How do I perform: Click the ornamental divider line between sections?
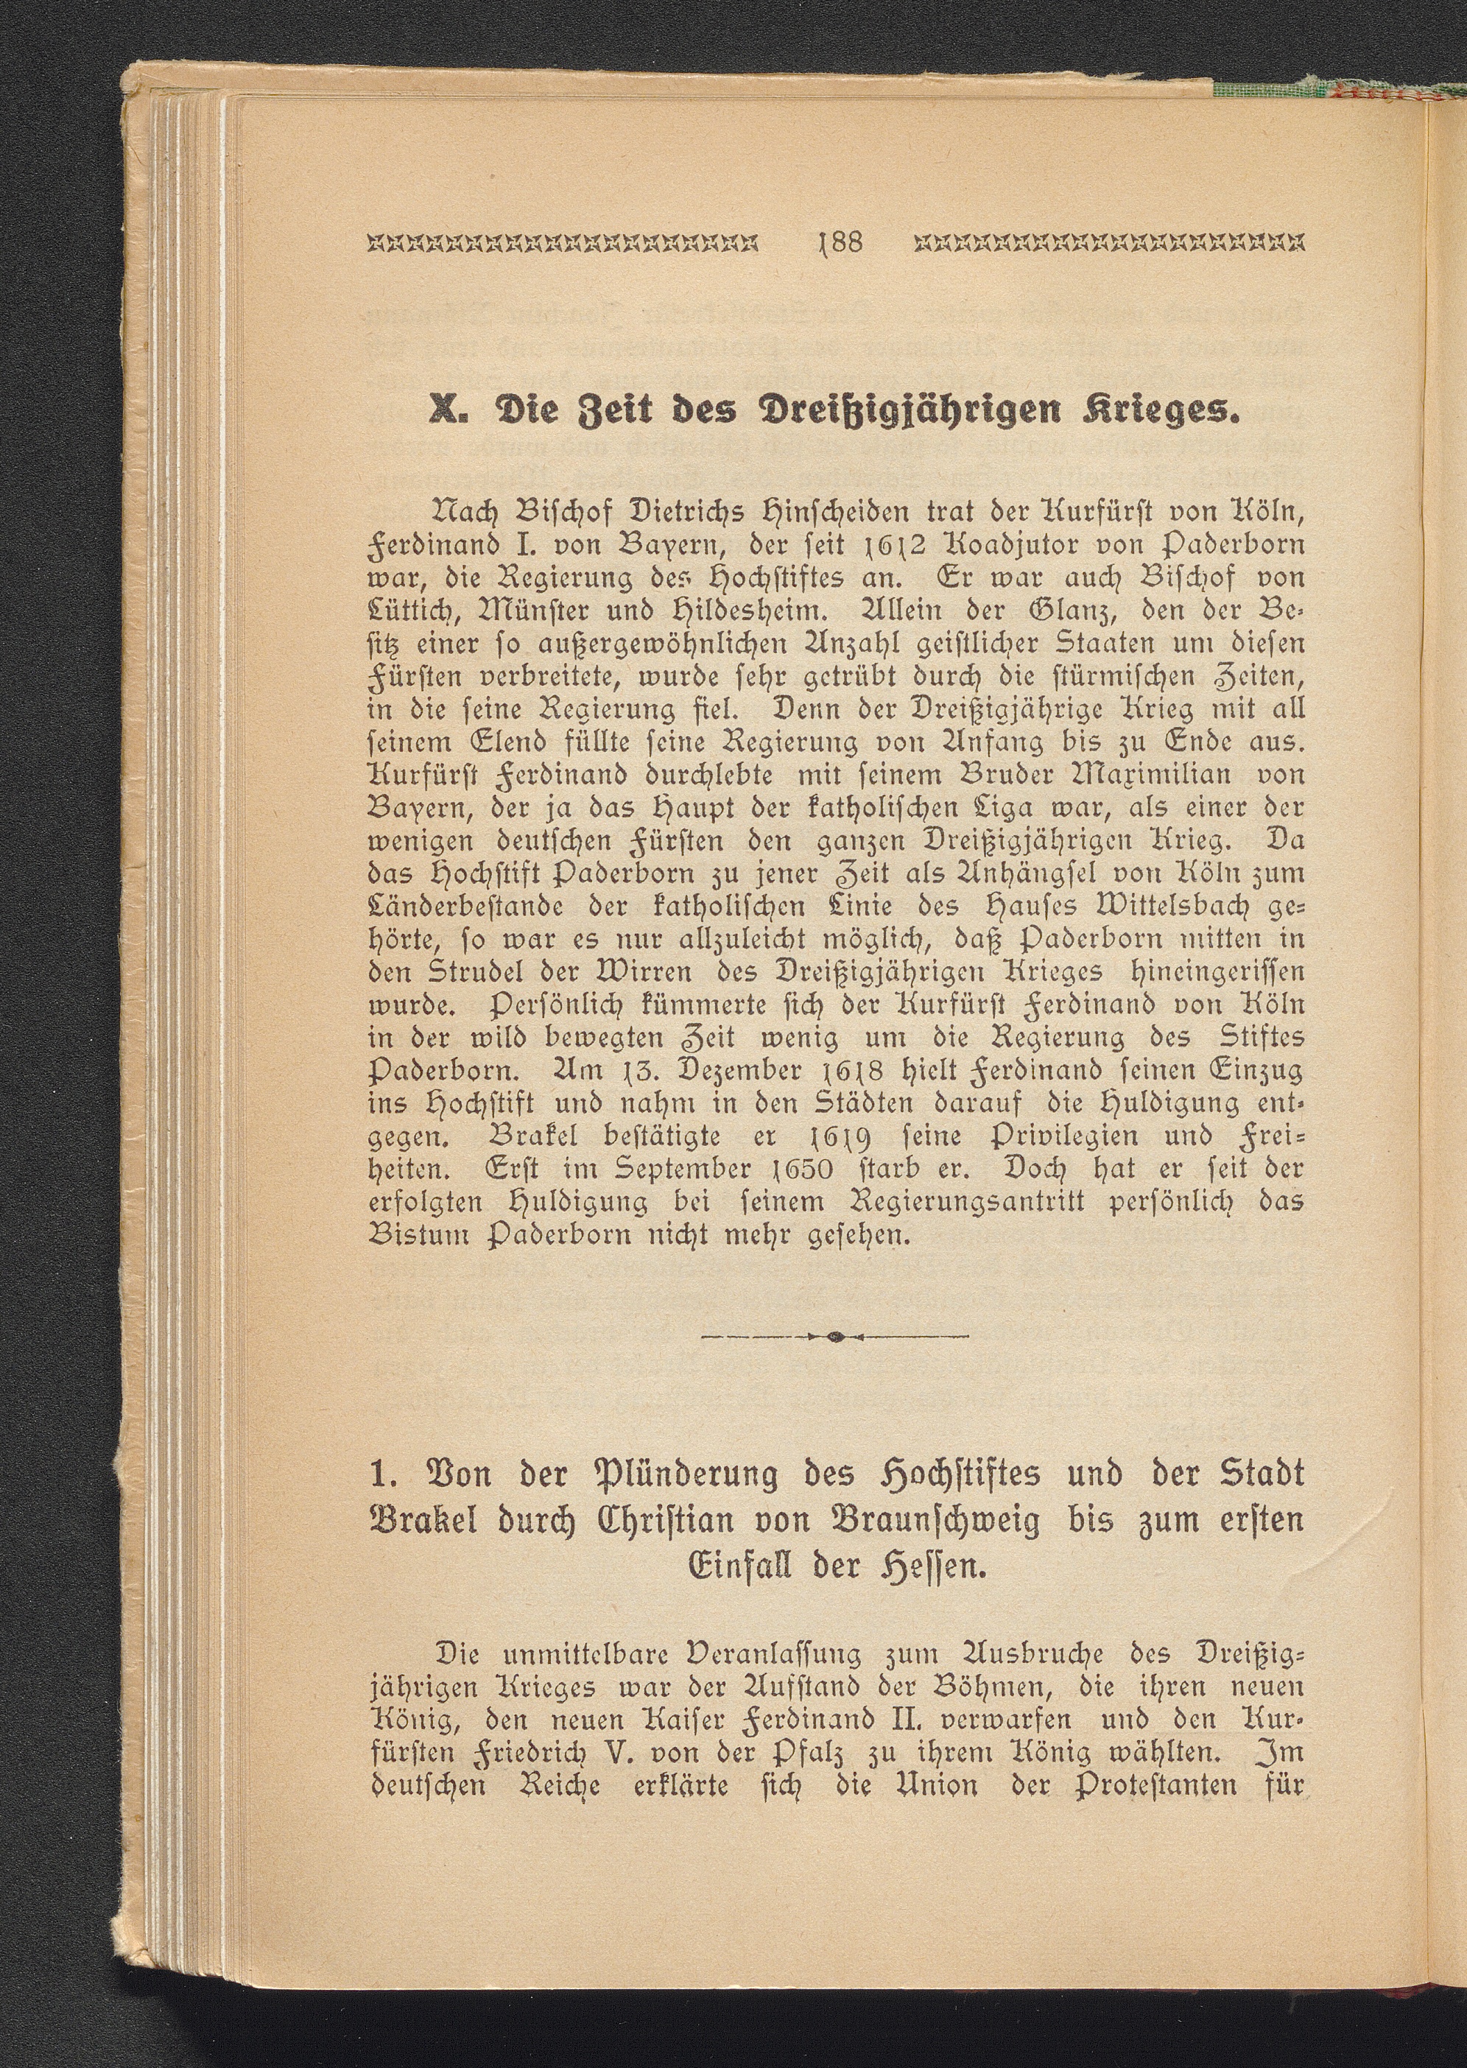click(x=834, y=1335)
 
